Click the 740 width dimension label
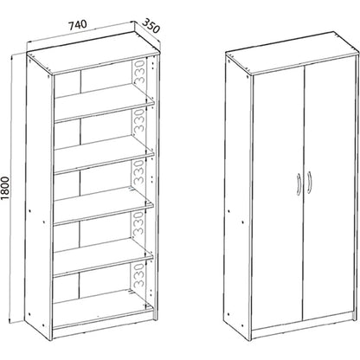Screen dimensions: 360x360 point(77,24)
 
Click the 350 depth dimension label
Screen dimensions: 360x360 point(151,25)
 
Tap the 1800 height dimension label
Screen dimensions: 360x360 point(5,188)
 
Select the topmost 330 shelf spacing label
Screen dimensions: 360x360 point(140,71)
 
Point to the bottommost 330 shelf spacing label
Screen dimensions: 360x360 point(140,274)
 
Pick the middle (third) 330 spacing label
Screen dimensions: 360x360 point(140,172)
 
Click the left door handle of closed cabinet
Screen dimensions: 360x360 point(299,184)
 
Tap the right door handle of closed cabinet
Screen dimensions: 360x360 point(309,181)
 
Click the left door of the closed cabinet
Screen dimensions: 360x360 point(279,200)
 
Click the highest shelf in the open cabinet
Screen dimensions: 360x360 point(104,102)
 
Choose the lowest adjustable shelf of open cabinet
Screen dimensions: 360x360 point(104,256)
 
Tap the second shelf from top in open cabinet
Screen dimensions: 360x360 point(104,154)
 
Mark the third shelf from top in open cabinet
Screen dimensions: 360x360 point(104,205)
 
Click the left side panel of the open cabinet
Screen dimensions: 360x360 point(40,196)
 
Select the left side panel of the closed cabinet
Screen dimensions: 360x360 point(239,196)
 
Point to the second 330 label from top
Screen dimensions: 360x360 point(140,121)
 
